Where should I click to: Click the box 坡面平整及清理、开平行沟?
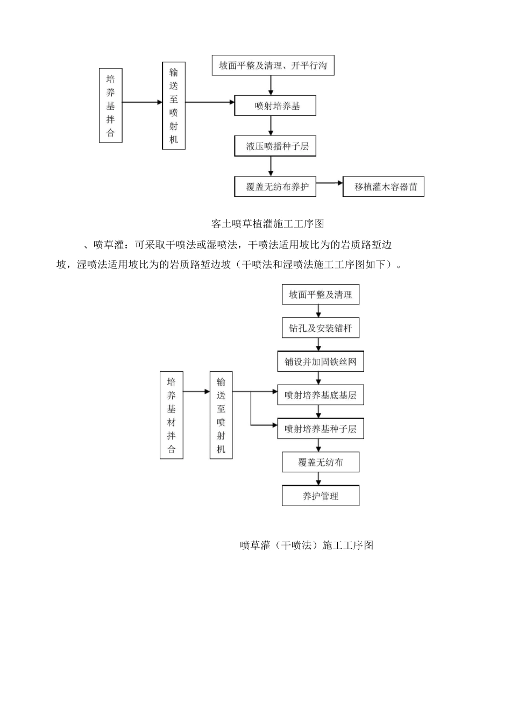(273, 66)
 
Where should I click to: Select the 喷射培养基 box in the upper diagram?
(275, 106)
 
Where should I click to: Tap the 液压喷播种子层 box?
(275, 146)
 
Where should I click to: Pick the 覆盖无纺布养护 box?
(275, 187)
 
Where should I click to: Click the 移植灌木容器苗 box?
(384, 187)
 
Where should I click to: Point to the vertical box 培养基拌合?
(111, 105)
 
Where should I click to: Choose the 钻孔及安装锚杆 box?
(321, 328)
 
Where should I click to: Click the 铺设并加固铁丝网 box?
(321, 361)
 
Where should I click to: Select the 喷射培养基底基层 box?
(321, 395)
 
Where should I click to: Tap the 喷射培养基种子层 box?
(321, 429)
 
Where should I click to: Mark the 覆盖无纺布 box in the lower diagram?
(321, 462)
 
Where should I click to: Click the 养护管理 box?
(321, 496)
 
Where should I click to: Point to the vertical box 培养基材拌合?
(172, 415)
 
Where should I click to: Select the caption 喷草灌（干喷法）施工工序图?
(306, 545)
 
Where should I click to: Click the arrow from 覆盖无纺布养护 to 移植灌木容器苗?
(329, 183)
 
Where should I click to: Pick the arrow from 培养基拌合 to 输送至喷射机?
(142, 102)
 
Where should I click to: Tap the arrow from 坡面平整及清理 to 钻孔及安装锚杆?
(320, 311)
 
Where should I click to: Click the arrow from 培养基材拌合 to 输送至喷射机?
(196, 392)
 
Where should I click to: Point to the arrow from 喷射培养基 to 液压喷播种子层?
(271, 125)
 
